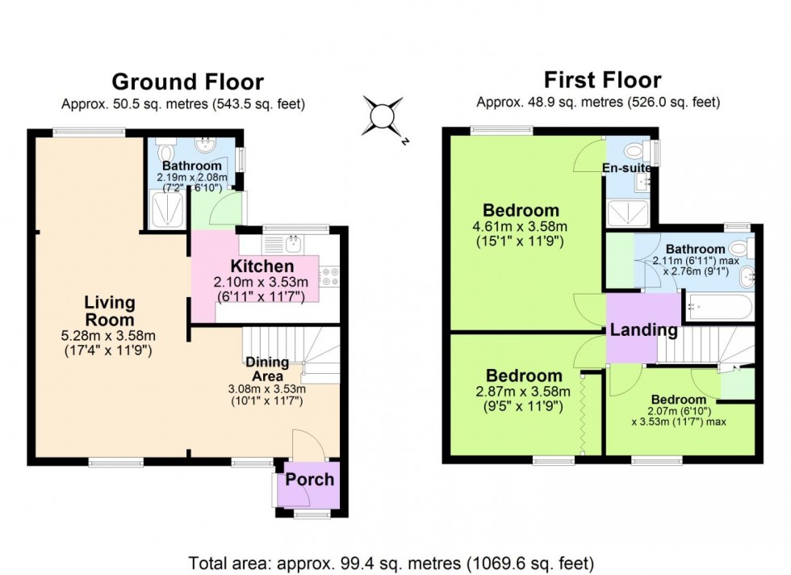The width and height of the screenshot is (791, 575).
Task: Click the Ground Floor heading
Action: click(x=187, y=82)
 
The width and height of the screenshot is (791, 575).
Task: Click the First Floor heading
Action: click(x=602, y=79)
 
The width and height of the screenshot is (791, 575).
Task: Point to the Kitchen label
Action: click(x=262, y=267)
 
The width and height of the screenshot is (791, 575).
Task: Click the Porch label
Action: click(x=310, y=479)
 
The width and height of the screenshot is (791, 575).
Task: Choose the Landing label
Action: click(x=643, y=329)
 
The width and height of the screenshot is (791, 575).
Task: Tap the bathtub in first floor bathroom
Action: click(x=718, y=308)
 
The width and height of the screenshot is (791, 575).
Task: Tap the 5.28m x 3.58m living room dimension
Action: click(x=110, y=336)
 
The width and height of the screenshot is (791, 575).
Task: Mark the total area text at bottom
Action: click(x=391, y=561)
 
